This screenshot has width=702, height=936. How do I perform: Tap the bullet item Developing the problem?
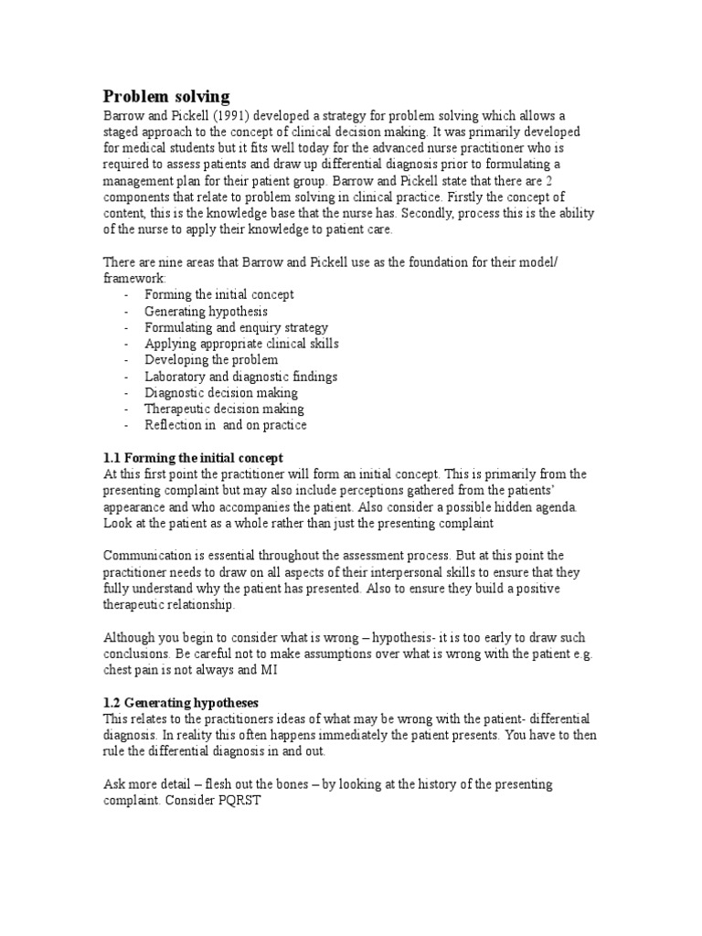pyautogui.click(x=211, y=360)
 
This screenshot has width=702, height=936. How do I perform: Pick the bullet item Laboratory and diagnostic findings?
pyautogui.click(x=240, y=377)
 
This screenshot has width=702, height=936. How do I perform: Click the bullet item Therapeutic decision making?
pyautogui.click(x=224, y=409)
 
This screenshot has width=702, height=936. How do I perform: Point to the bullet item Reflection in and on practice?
pyautogui.click(x=225, y=426)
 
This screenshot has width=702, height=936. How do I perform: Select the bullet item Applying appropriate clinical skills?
pyautogui.click(x=241, y=344)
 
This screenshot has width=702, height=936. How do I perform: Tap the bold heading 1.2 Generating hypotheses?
pyautogui.click(x=181, y=702)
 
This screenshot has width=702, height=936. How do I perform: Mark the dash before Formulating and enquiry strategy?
pyautogui.click(x=125, y=327)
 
